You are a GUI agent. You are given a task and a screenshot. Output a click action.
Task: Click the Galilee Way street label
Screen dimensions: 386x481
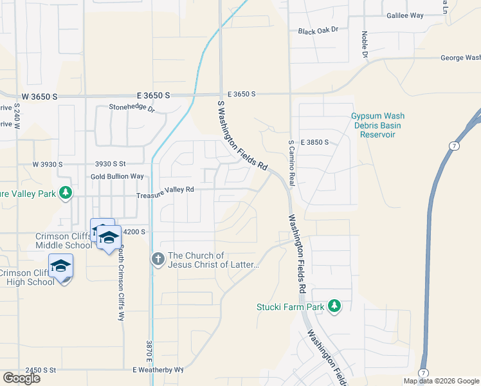tap(404, 15)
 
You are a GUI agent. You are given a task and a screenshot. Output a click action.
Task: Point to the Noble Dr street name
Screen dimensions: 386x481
tap(364, 45)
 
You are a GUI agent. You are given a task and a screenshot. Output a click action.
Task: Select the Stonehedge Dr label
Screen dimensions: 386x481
tap(132, 108)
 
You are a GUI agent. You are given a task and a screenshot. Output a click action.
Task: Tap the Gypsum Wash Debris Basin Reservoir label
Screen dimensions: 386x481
tap(377, 121)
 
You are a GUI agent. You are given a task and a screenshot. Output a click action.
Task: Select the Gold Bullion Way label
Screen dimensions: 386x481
tap(117, 176)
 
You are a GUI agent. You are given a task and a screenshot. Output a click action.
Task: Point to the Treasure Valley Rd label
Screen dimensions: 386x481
tap(165, 190)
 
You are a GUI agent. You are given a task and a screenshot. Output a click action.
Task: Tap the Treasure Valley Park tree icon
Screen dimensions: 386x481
tap(65, 192)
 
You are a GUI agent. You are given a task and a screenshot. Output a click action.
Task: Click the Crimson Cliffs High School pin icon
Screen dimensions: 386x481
tap(60, 266)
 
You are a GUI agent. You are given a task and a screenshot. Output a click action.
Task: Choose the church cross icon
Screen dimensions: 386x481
tap(158, 259)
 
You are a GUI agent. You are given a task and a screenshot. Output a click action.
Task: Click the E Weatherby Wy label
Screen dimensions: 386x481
tap(158, 370)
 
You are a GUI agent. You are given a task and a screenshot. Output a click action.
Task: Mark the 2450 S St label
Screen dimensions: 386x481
tap(41, 371)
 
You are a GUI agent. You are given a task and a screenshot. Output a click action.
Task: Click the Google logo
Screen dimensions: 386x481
tap(21, 378)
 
